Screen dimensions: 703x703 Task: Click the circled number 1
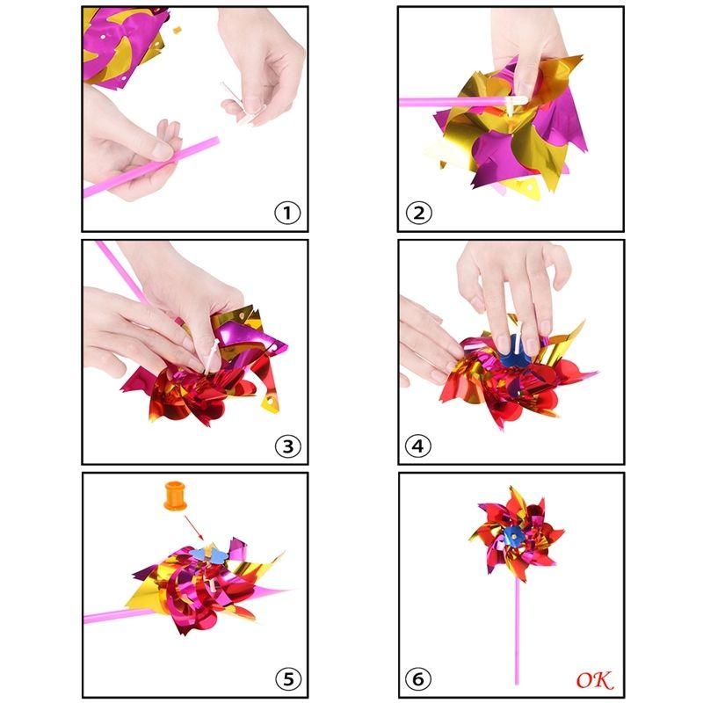point(287,212)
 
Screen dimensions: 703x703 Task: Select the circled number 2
point(419,212)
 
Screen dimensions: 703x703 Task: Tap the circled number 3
point(287,446)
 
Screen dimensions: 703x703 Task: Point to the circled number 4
point(419,446)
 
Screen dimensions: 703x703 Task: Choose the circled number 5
point(287,678)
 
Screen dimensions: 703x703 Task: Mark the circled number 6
point(419,679)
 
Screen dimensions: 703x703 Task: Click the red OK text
point(594,679)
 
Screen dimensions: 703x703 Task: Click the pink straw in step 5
point(114,615)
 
